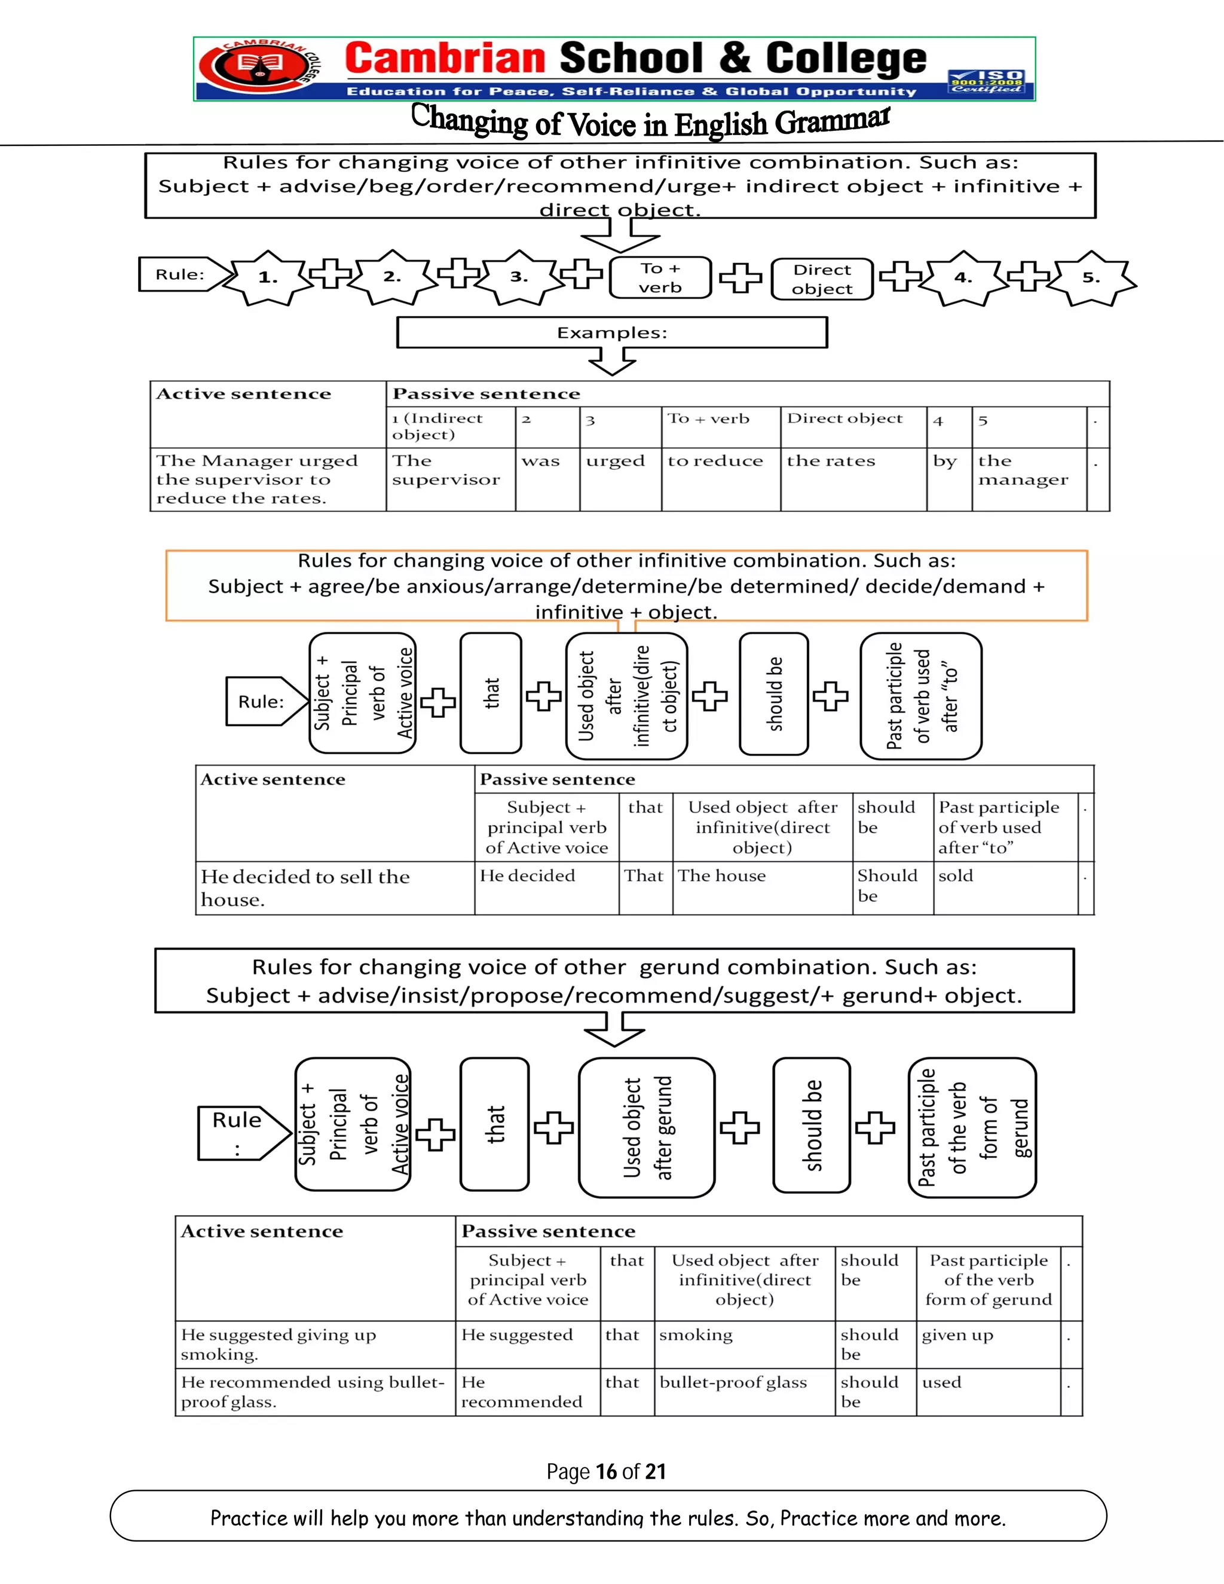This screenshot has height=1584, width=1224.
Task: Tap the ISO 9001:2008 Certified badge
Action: point(987,81)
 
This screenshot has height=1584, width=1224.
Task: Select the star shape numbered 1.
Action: point(268,277)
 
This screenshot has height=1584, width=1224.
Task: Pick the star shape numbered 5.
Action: point(1091,278)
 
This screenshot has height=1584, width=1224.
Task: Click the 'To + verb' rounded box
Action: point(660,278)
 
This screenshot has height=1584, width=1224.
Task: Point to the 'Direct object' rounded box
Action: point(822,279)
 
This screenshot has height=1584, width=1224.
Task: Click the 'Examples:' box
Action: point(611,333)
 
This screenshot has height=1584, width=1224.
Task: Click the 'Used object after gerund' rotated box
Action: point(647,1127)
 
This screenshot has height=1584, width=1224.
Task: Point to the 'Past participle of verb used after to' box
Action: point(921,696)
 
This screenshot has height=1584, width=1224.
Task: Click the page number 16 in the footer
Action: point(605,1472)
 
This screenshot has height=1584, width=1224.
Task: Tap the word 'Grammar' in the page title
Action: point(832,121)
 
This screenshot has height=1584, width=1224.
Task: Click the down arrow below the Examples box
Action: point(612,360)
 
